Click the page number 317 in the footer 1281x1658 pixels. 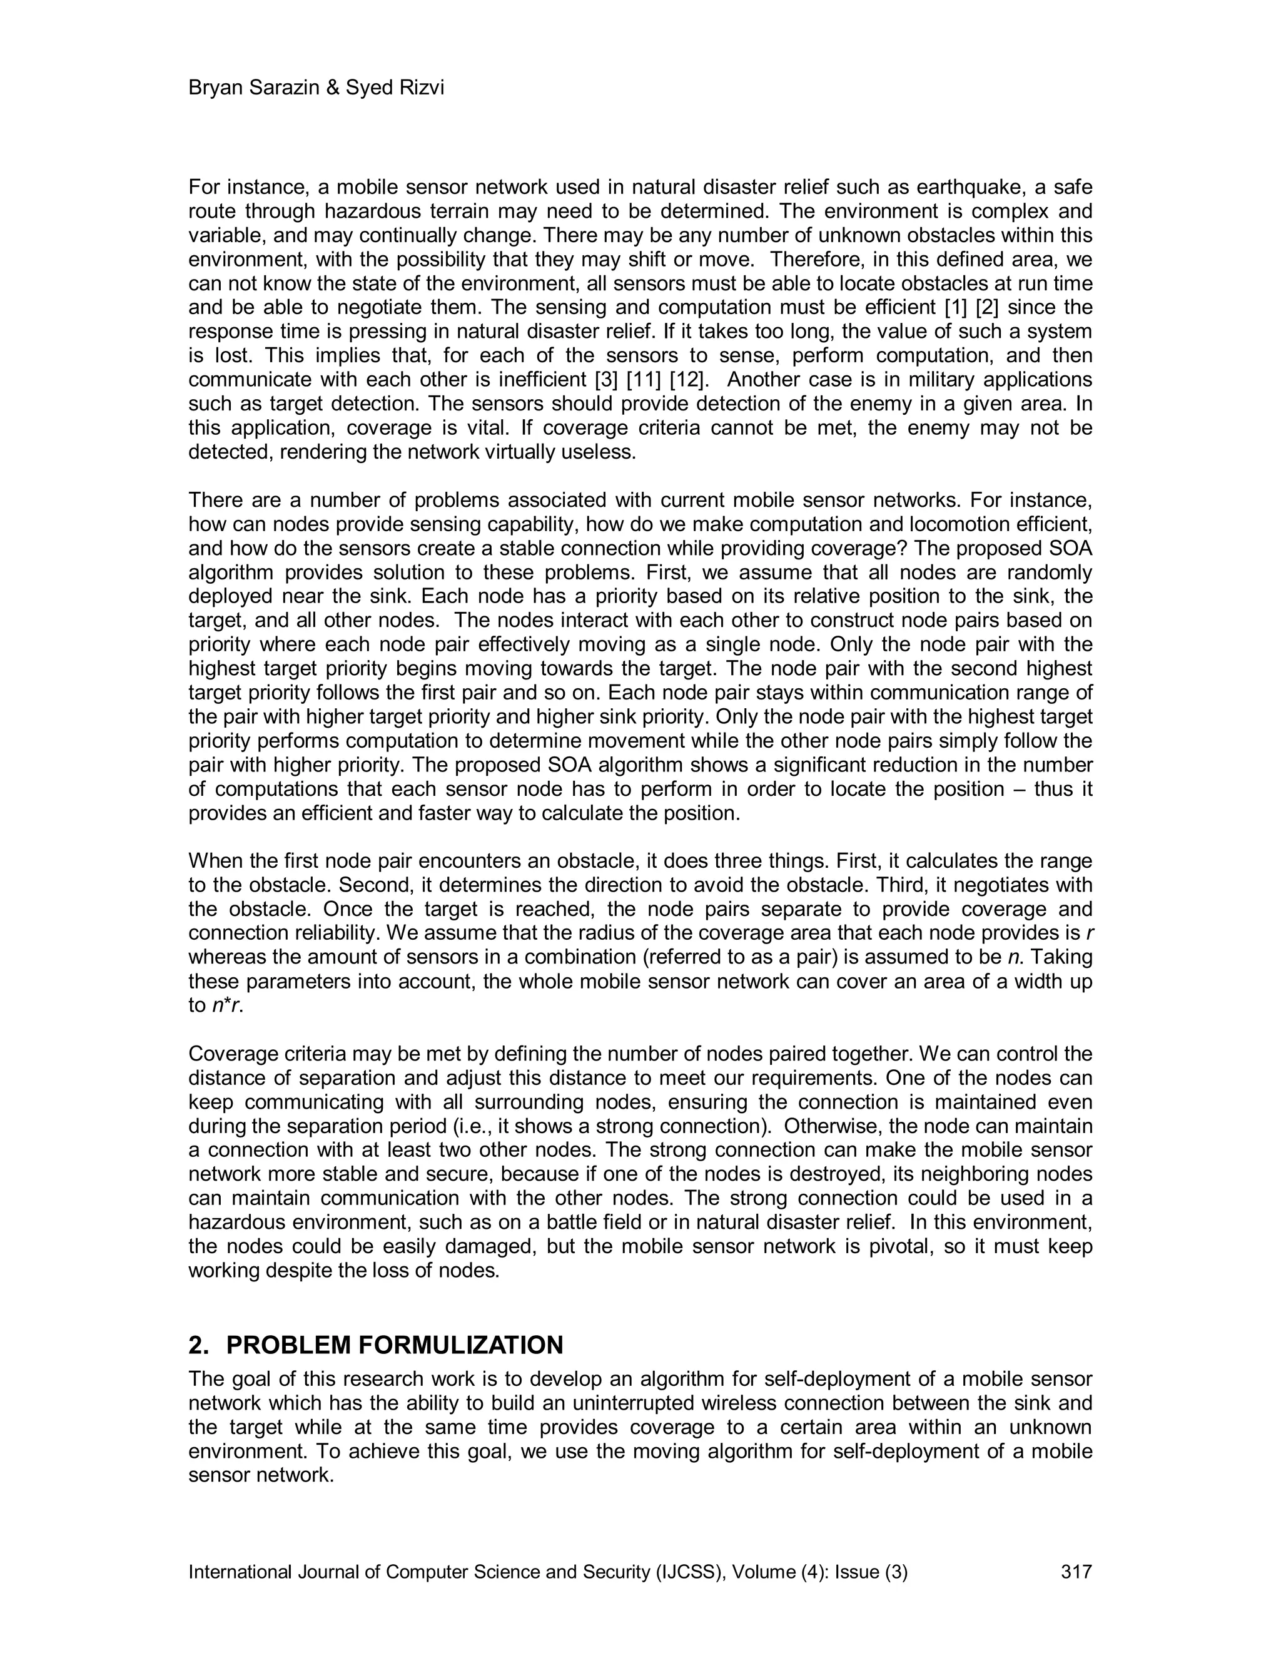coord(1076,1572)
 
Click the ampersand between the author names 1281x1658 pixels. coord(334,88)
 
